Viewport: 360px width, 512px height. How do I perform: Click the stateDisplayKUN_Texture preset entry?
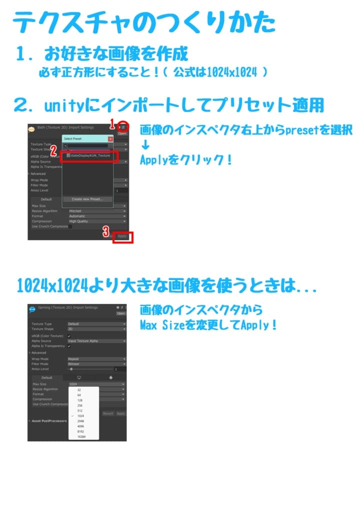pyautogui.click(x=90, y=155)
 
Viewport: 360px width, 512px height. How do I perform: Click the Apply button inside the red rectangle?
pyautogui.click(x=122, y=236)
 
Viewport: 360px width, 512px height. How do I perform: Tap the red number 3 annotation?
pyautogui.click(x=106, y=231)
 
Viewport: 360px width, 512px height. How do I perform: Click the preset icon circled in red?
pyautogui.click(x=122, y=127)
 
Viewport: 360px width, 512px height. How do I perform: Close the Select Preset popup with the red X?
pyautogui.click(x=110, y=138)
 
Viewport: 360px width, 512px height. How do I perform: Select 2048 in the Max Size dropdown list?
pyautogui.click(x=81, y=421)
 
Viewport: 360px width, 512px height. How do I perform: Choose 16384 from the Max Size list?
pyautogui.click(x=82, y=436)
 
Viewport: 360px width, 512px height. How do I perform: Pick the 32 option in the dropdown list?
pyautogui.click(x=79, y=389)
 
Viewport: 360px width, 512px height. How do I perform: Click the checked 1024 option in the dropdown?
pyautogui.click(x=81, y=415)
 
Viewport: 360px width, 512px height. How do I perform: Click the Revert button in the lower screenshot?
pyautogui.click(x=108, y=413)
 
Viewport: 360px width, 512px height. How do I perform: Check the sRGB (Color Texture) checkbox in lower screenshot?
pyautogui.click(x=69, y=336)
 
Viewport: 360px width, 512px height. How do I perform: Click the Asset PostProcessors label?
pyautogui.click(x=49, y=421)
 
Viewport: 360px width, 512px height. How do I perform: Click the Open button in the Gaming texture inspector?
pyautogui.click(x=121, y=313)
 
